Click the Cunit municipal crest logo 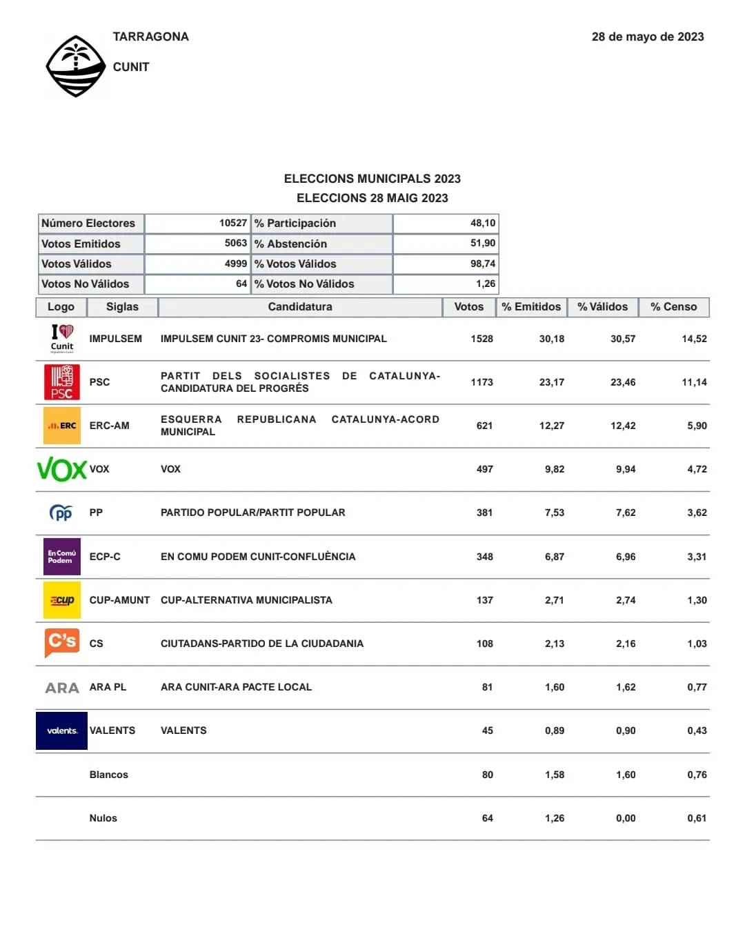coord(75,67)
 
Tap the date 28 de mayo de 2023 coord(647,37)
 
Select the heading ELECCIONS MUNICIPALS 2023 coord(372,179)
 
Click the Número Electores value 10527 coord(232,223)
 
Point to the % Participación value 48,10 coord(482,223)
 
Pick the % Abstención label coord(290,243)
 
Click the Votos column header coord(468,307)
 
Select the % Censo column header coord(673,307)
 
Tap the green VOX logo coord(61,470)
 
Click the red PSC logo coord(61,382)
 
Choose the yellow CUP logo coord(61,600)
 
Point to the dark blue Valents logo coord(61,730)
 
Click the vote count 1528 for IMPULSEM coord(481,339)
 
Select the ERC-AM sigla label coord(109,426)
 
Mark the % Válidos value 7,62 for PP coord(625,513)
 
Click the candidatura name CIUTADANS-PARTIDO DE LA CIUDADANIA coord(261,644)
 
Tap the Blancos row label coord(108,775)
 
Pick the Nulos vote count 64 coord(487,818)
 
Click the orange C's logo coord(61,643)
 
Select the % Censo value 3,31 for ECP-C coord(696,557)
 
